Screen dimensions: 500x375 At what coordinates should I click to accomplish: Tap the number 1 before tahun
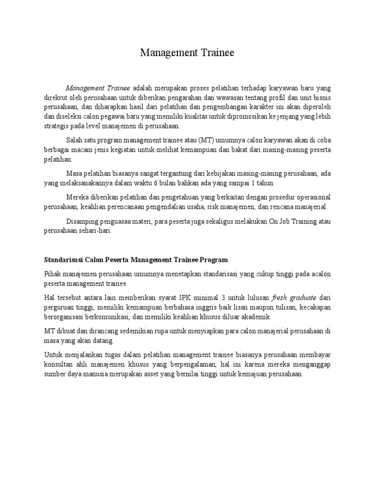coord(252,183)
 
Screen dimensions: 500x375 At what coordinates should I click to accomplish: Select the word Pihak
coord(52,274)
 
